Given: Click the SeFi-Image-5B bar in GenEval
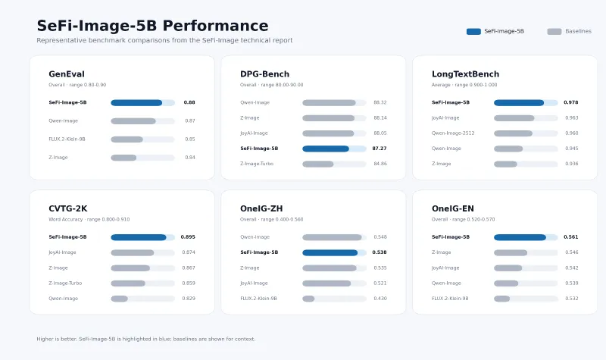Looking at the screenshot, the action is (136, 103).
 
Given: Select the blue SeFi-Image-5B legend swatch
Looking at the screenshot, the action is (473, 32).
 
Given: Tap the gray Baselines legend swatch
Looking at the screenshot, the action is (554, 32).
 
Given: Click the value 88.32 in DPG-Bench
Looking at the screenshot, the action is (380, 102).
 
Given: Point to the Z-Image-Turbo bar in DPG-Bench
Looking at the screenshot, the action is (317, 164).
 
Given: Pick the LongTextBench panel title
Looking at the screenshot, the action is (465, 74).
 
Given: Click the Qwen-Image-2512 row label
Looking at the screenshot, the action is (453, 133).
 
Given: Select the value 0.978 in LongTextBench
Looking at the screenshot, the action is (571, 102).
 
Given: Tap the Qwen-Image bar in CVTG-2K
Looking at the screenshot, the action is (119, 299).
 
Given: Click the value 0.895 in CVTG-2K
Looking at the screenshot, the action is (188, 237).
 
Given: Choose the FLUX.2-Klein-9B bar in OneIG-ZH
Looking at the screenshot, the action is (308, 299).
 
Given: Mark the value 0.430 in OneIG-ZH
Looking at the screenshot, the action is (380, 299).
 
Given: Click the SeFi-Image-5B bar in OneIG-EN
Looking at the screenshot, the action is (520, 237).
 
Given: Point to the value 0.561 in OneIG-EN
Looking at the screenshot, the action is (571, 237).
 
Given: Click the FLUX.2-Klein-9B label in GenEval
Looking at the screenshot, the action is (67, 139).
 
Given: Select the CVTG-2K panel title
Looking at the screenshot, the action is (68, 208).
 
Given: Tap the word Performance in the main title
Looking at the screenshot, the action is (215, 26).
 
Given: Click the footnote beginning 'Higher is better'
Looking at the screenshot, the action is (146, 339).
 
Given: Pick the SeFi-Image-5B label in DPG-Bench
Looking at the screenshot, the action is (259, 149).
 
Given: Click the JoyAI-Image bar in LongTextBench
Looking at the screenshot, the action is (514, 118).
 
